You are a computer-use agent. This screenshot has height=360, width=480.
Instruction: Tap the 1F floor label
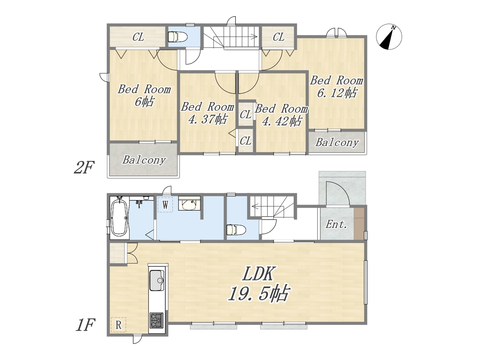85,325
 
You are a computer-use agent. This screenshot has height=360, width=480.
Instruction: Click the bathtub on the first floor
119,218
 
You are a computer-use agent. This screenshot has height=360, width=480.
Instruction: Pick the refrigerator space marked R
118,325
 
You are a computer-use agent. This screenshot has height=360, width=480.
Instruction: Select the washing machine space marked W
165,205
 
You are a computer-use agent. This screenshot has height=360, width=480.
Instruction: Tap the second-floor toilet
177,37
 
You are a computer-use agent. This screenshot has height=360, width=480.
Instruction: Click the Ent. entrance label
336,225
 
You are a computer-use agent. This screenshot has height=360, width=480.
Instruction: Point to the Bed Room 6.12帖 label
337,87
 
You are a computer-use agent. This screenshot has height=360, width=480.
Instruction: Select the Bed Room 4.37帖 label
207,113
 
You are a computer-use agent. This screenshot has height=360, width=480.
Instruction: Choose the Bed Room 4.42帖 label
282,115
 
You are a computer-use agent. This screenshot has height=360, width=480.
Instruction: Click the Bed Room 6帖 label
144,96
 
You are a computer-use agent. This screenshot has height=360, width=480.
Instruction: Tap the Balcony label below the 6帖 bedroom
144,160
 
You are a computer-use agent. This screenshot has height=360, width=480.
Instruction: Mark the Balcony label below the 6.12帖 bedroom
337,142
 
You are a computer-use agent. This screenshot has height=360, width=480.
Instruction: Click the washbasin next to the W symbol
189,204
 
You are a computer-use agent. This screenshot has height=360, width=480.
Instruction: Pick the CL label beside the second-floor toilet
138,37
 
